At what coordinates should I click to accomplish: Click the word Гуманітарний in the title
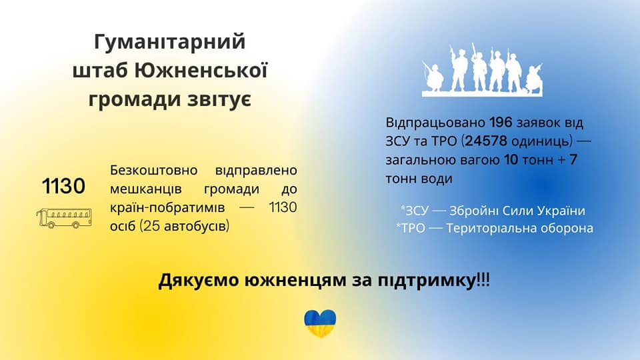170,42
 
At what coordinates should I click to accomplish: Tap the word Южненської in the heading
201,70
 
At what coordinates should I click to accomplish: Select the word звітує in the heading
219,99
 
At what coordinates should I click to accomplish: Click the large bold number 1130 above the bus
64,186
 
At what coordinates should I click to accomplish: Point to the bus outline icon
64,218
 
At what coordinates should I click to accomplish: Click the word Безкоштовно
154,170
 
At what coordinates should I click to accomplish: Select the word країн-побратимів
167,207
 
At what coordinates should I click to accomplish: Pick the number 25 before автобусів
151,226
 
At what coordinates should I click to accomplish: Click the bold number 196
501,123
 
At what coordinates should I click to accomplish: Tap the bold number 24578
486,141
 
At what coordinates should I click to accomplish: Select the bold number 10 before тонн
511,159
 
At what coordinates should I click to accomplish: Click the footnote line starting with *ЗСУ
493,211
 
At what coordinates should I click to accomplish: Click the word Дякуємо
199,281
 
